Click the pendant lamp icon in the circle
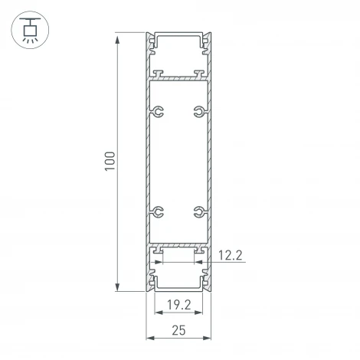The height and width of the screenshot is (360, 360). (30, 30)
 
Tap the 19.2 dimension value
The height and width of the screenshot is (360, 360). (178, 304)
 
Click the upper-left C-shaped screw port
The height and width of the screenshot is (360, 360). (159, 113)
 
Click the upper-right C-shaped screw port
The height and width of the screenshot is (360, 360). (200, 113)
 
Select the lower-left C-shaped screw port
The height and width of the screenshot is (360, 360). (159, 212)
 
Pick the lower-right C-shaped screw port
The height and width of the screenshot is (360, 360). (200, 212)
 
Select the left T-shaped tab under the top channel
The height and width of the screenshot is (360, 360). (159, 74)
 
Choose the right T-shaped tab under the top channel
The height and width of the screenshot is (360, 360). (199, 74)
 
